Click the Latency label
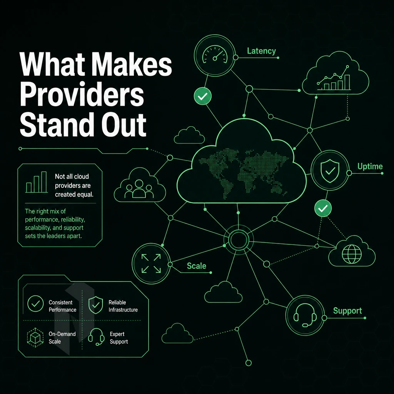(x=261, y=51)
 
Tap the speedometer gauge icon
(x=215, y=55)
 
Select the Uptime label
(x=370, y=166)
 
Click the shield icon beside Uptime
(x=330, y=170)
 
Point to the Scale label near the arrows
(x=197, y=266)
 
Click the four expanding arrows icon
(x=151, y=263)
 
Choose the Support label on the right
(x=347, y=311)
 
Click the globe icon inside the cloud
(x=352, y=254)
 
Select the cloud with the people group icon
(x=140, y=185)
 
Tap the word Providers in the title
(x=82, y=95)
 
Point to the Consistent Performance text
(x=62, y=306)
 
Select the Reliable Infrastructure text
(x=123, y=306)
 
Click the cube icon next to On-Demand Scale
(x=35, y=337)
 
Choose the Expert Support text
(x=119, y=338)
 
